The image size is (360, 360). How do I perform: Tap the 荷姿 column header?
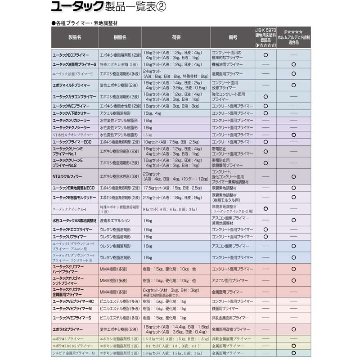tap(176, 39)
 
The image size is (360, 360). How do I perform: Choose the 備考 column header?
tap(233, 39)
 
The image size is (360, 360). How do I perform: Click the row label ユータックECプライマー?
tap(72, 55)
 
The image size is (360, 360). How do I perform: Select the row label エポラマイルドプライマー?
tap(72, 85)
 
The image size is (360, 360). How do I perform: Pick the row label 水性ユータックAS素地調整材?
tap(72, 220)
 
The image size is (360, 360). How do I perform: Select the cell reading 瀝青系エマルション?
tap(115, 220)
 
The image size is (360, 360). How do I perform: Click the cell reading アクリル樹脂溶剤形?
tap(115, 113)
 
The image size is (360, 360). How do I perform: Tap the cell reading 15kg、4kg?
tap(152, 113)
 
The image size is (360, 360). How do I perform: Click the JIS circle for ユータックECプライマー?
tap(266, 55)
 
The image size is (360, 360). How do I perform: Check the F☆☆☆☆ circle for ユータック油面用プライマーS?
tap(293, 65)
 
